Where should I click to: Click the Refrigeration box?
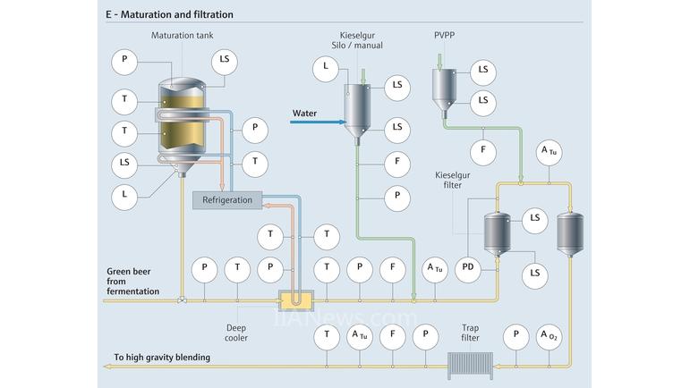point(227,199)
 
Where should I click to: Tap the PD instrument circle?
point(468,266)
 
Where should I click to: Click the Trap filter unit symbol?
point(470,366)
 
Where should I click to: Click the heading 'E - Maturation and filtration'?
point(169,14)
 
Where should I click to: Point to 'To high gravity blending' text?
point(161,358)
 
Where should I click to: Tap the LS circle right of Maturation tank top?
point(225,62)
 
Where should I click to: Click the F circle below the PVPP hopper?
point(483,149)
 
